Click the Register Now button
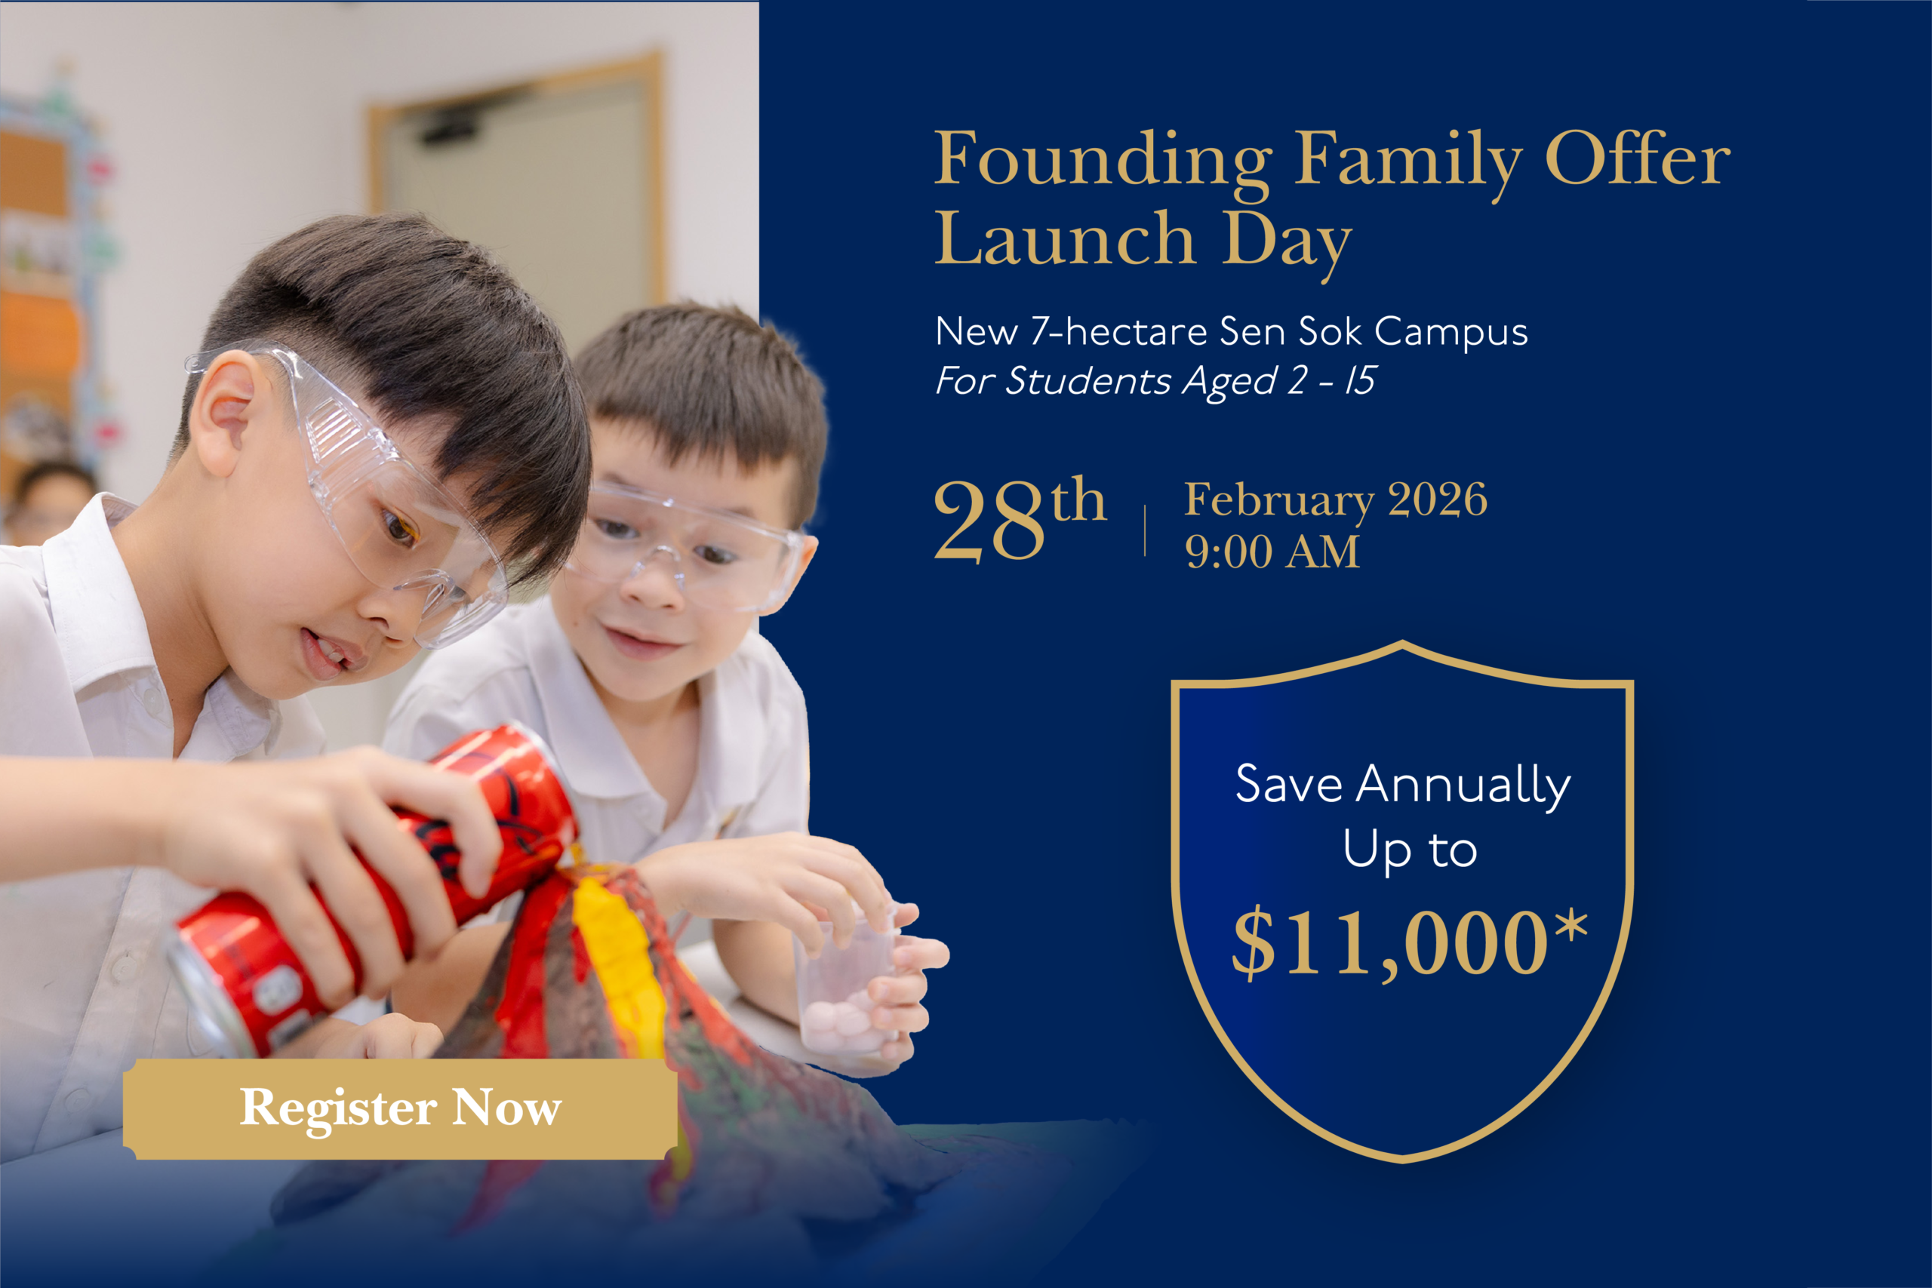coord(400,1109)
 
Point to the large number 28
coord(990,521)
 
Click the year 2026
coord(1438,500)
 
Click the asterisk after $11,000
coord(1571,926)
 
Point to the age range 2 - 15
coord(1331,380)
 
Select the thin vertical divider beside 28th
coord(1145,530)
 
